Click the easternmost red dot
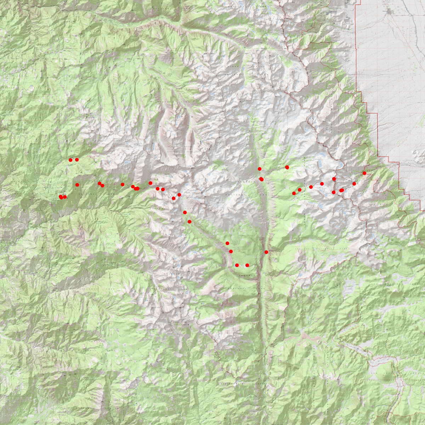(364, 173)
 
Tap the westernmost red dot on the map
(61, 197)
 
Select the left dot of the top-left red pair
(70, 160)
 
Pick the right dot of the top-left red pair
(77, 160)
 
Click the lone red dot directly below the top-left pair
(77, 185)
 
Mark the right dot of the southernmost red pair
(247, 265)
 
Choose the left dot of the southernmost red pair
(237, 265)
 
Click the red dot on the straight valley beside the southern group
(266, 252)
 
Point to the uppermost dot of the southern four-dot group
(227, 243)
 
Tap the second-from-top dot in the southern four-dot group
(231, 251)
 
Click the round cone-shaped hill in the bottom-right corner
(384, 372)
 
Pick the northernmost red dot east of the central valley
(287, 167)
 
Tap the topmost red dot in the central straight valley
(260, 169)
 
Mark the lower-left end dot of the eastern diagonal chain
(294, 193)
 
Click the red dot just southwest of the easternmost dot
(354, 184)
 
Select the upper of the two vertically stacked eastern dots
(334, 179)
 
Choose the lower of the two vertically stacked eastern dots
(334, 192)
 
